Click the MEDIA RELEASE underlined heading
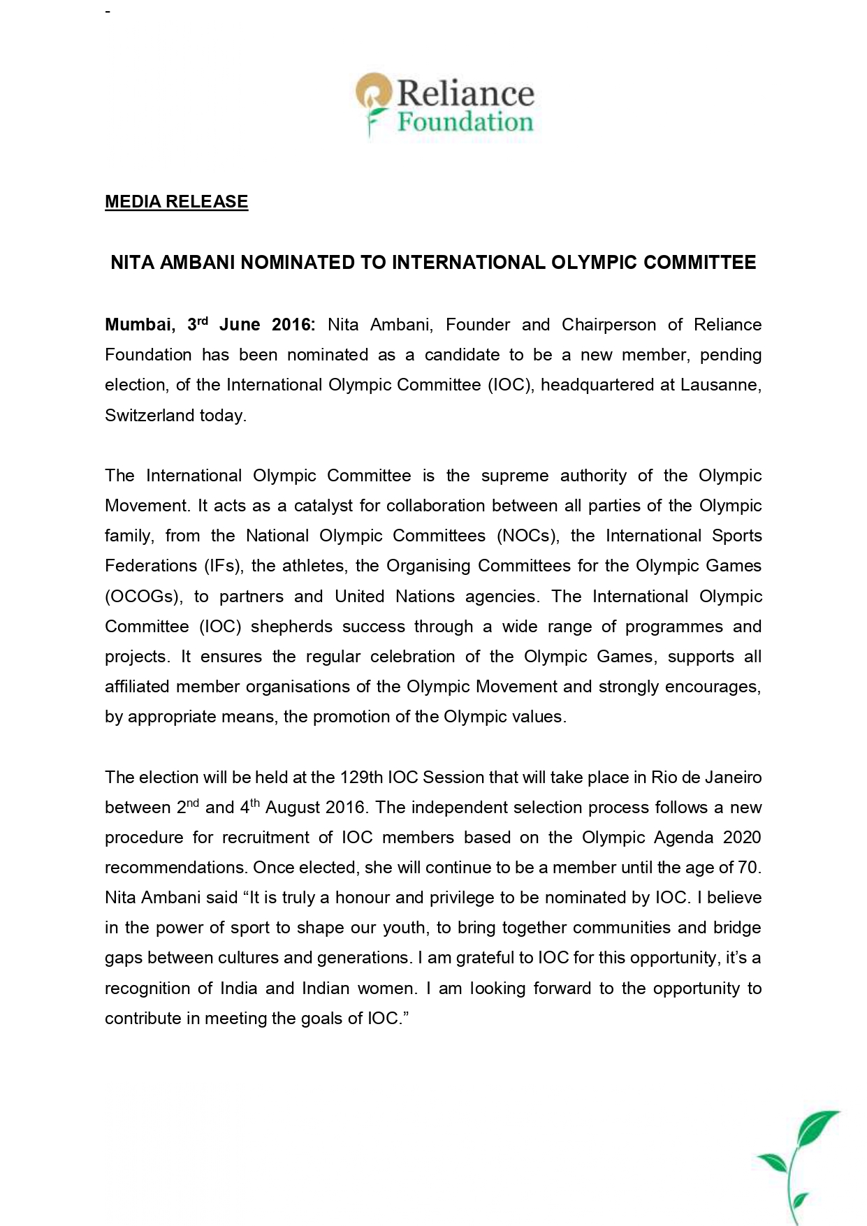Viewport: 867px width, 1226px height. point(176,202)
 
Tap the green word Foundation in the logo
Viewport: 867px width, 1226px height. point(465,123)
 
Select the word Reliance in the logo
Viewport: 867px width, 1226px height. point(465,94)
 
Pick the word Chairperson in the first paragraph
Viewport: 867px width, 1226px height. point(609,325)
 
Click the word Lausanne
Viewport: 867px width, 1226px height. point(720,385)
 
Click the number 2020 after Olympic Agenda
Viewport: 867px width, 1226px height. point(742,838)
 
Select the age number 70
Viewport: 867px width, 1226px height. point(748,868)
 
